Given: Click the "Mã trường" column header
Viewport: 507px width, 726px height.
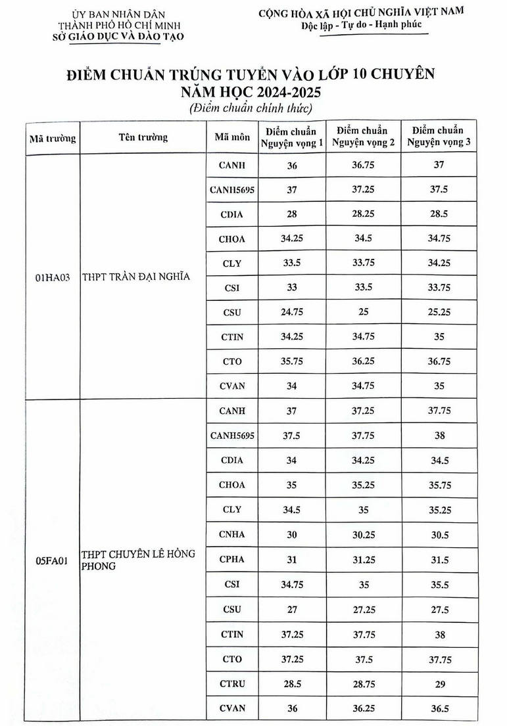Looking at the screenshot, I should pyautogui.click(x=52, y=138).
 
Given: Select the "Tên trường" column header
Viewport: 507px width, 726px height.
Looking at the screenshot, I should pyautogui.click(x=143, y=137).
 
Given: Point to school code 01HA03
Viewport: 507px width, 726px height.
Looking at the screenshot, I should pyautogui.click(x=53, y=278).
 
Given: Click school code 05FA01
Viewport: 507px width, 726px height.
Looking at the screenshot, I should pyautogui.click(x=53, y=560).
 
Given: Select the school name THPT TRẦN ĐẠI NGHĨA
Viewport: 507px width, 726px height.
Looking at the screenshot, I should pyautogui.click(x=135, y=277).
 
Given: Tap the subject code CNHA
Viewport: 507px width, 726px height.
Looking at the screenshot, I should pyautogui.click(x=231, y=535).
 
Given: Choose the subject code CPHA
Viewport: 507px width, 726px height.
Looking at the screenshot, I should pyautogui.click(x=231, y=560).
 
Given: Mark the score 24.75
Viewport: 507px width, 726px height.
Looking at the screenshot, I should pyautogui.click(x=292, y=313).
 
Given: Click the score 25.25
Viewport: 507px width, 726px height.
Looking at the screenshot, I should pyautogui.click(x=439, y=312).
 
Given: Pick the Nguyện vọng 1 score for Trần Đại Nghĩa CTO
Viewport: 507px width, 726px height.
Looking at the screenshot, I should pyautogui.click(x=292, y=361).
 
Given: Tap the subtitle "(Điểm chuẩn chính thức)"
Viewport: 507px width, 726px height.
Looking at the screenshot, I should pyautogui.click(x=251, y=107).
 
